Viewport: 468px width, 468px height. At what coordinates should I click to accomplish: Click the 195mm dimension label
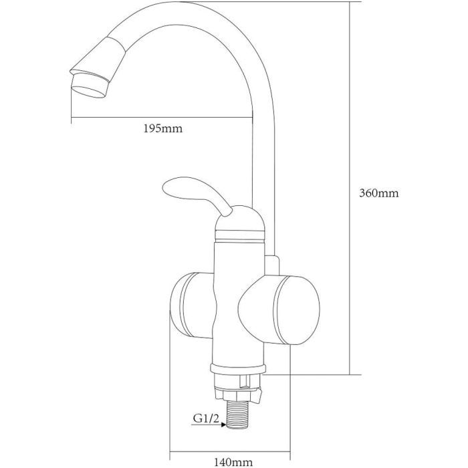tap(162, 128)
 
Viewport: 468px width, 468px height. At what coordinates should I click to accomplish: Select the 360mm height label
tap(379, 193)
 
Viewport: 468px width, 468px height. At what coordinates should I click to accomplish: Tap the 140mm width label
tap(233, 463)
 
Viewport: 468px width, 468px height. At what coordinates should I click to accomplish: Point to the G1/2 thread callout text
tap(206, 418)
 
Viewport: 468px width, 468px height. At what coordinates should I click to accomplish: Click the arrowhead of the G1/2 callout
tap(223, 424)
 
